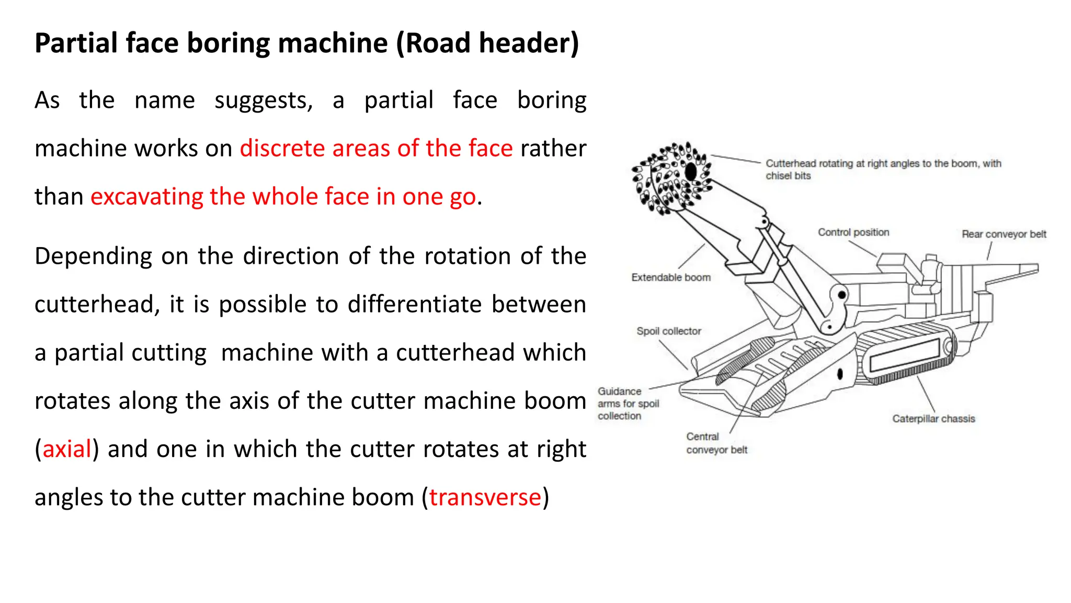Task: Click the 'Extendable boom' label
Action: coord(671,277)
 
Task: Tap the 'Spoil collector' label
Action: coord(668,331)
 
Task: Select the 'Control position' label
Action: coord(853,232)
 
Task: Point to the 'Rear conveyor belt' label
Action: coord(1004,234)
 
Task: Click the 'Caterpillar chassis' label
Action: coord(933,419)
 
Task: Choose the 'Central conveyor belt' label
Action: coord(716,443)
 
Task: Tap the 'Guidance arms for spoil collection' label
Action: coord(628,404)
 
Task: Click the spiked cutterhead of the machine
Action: coord(670,178)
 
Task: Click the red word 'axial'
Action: coord(67,449)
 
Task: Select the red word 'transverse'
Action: coord(485,497)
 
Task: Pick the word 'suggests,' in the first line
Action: coord(264,100)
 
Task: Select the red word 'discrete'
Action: coord(282,149)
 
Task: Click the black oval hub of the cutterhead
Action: coord(691,171)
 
